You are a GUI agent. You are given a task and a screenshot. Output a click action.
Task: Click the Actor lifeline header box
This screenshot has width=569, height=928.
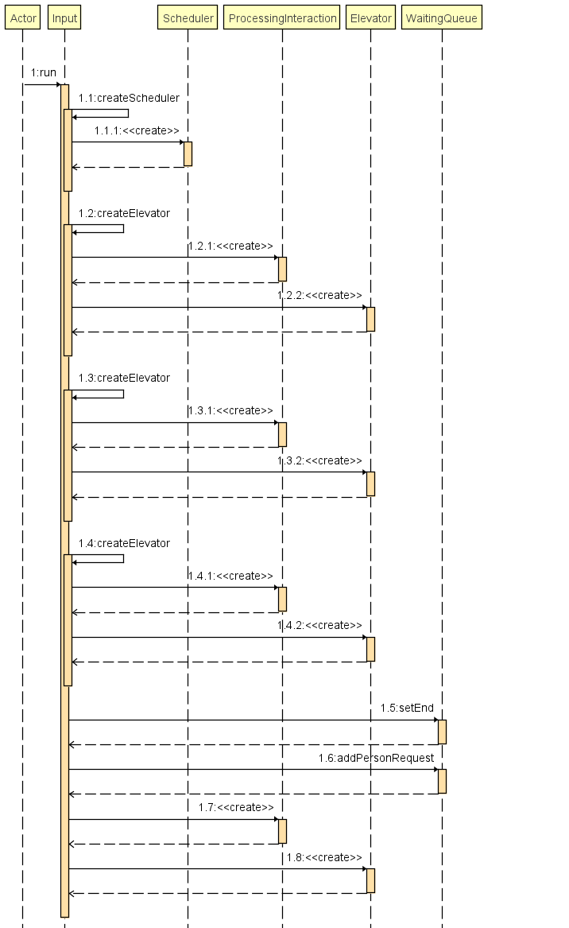tap(23, 17)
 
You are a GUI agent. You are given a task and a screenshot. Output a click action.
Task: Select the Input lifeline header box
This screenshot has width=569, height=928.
tap(64, 17)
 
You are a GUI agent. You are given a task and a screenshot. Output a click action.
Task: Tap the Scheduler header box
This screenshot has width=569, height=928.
tap(188, 17)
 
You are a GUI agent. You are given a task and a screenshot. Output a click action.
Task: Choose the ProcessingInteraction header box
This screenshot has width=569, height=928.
tap(282, 17)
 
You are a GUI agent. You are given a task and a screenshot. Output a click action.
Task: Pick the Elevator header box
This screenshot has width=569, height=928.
tap(370, 17)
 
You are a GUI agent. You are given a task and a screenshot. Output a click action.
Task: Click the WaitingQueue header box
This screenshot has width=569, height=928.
tap(442, 17)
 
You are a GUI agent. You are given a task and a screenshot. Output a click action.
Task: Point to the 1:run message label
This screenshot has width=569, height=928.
tap(43, 73)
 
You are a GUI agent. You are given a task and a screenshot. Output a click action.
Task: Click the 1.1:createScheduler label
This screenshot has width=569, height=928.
tap(129, 98)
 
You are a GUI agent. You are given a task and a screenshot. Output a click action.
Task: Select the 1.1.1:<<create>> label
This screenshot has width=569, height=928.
tap(137, 130)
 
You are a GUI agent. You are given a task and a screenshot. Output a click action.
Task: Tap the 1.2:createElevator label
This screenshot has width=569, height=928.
tap(124, 213)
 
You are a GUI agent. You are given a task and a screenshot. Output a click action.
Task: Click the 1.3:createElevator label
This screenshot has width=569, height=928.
tap(124, 378)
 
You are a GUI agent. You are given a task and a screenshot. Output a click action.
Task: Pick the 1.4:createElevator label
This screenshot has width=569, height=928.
tap(124, 543)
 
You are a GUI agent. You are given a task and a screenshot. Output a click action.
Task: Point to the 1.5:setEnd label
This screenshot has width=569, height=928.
tap(407, 708)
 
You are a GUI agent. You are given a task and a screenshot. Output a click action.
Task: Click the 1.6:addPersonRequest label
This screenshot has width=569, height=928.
tap(376, 758)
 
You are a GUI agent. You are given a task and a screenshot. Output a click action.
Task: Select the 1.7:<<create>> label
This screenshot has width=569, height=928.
tap(236, 807)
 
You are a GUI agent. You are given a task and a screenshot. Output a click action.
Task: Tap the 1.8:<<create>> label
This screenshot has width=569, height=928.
tap(324, 857)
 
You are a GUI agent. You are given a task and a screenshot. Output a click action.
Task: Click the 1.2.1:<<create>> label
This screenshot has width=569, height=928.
tap(230, 246)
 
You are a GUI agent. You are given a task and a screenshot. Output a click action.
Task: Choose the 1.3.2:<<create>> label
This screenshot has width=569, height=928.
tap(319, 460)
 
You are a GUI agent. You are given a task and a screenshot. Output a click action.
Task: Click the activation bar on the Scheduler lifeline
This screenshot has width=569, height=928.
tap(188, 153)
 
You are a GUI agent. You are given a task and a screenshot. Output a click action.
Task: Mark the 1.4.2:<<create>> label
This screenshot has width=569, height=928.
tap(319, 625)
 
